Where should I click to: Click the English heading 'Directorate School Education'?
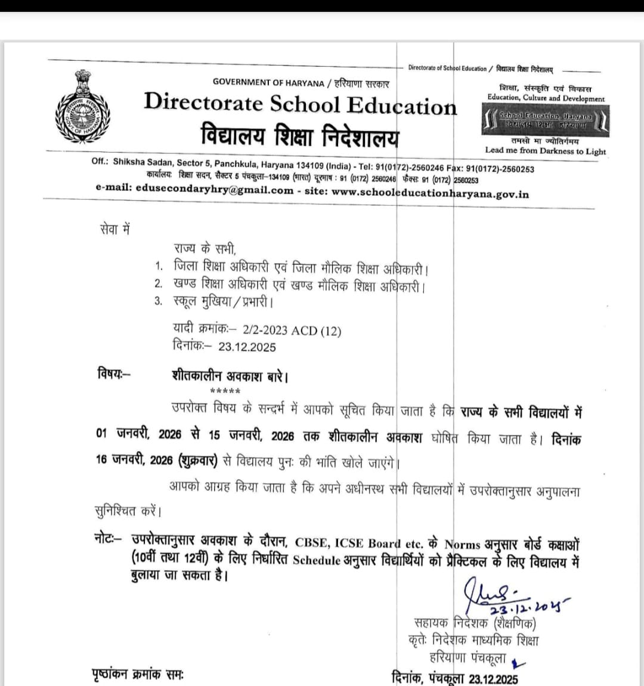pyautogui.click(x=300, y=104)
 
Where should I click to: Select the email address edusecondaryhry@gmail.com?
pyautogui.click(x=215, y=191)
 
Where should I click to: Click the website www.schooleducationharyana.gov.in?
pyautogui.click(x=430, y=193)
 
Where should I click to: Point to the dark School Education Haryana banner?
pyautogui.click(x=545, y=120)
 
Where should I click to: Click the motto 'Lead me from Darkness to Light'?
pyautogui.click(x=545, y=152)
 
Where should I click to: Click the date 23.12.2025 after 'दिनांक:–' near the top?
pyautogui.click(x=247, y=347)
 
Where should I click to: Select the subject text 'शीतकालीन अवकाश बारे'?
pyautogui.click(x=230, y=376)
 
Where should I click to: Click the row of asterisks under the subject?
pyautogui.click(x=225, y=391)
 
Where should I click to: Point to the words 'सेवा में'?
pyautogui.click(x=114, y=230)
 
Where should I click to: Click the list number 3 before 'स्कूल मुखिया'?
pyautogui.click(x=158, y=301)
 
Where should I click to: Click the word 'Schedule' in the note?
pyautogui.click(x=317, y=561)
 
